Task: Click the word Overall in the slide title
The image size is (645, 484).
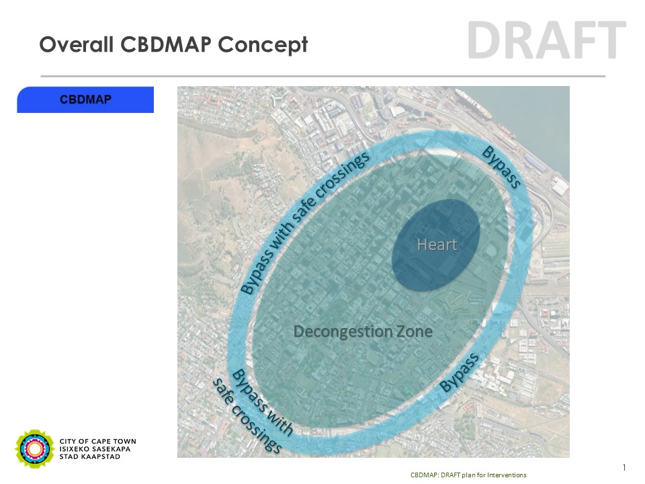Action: coord(77,44)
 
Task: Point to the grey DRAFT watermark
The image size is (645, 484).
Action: coord(547,40)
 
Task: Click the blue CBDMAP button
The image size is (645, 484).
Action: coord(85,99)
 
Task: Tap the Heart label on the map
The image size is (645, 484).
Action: coord(437,245)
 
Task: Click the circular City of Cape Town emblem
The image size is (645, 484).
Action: coord(34,448)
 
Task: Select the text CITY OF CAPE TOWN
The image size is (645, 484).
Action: coord(98,441)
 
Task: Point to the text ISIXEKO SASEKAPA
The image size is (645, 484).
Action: coord(95,449)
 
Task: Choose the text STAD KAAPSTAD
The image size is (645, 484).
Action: coord(90,456)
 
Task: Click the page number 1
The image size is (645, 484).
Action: coord(624,468)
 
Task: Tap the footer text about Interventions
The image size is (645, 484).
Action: coord(468,475)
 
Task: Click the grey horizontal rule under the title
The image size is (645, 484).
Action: coord(323,76)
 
